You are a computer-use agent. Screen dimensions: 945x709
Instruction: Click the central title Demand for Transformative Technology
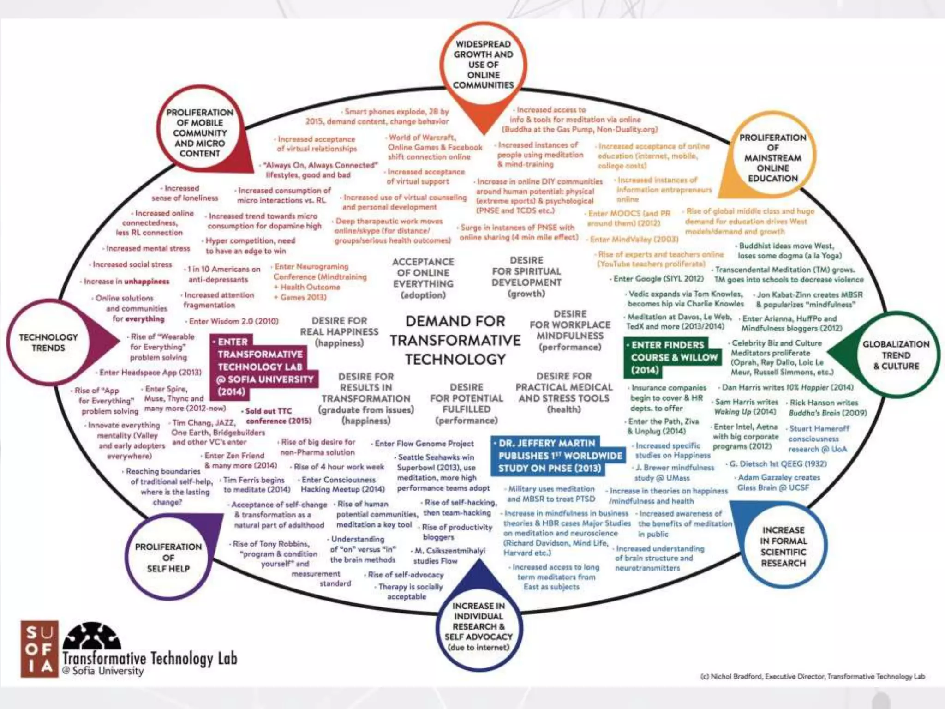tap(455, 340)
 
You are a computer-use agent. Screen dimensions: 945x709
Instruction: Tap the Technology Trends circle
tap(48, 342)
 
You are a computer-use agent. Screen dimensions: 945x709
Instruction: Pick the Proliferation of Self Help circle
tap(168, 557)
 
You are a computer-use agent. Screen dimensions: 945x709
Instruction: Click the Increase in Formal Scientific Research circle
tap(783, 547)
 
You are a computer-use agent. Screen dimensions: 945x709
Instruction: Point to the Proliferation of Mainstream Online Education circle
tap(772, 158)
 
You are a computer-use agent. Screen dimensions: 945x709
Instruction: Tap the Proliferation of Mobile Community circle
tap(200, 133)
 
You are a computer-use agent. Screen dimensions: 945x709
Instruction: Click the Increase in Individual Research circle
tap(478, 626)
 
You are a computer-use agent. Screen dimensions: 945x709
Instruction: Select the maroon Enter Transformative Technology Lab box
tap(261, 367)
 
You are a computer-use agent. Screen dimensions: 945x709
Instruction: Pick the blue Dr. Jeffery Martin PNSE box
tap(558, 456)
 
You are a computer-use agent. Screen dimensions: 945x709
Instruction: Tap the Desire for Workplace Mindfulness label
tap(570, 330)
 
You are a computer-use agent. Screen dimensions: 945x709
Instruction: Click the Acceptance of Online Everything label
tap(423, 278)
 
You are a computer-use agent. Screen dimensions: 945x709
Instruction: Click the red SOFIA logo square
tap(39, 649)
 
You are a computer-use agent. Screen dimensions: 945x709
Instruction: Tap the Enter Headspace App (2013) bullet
tap(150, 372)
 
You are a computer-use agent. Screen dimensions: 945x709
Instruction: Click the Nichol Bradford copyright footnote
tap(812, 676)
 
